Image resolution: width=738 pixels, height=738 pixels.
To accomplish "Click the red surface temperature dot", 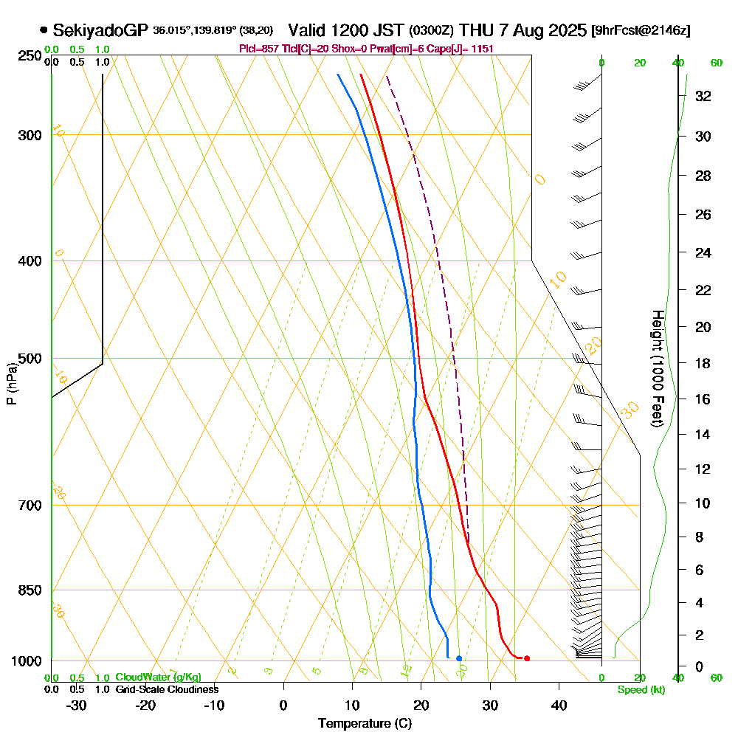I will (526, 658).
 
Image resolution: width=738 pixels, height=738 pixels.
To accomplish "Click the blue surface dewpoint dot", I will (459, 658).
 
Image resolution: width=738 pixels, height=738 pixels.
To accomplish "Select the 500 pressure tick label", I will (27, 359).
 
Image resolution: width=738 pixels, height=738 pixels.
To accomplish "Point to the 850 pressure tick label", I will (27, 590).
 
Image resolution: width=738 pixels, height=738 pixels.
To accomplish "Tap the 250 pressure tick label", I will (27, 56).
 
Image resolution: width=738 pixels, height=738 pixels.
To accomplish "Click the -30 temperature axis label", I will (76, 705).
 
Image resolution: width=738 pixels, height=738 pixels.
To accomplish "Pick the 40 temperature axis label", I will (559, 705).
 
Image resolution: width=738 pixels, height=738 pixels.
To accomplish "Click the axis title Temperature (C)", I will (365, 724).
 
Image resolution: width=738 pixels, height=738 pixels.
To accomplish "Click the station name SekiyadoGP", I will (101, 30).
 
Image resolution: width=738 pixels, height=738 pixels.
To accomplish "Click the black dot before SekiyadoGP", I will (44, 30).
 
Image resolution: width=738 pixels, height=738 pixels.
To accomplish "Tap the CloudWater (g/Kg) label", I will (158, 677).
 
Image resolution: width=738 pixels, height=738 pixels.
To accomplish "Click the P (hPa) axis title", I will (11, 384).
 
